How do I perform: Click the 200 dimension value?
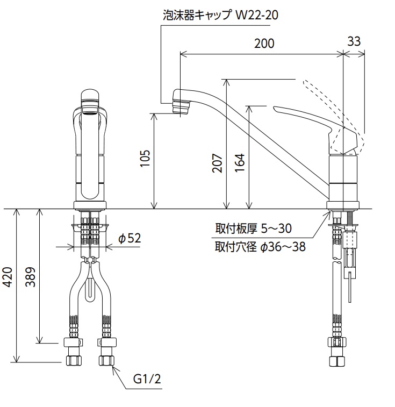[264, 44]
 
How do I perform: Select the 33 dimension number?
[354, 41]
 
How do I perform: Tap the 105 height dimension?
[146, 158]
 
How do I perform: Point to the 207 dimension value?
[217, 163]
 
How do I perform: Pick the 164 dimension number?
[240, 163]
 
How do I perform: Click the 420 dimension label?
[8, 277]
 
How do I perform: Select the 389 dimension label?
[31, 277]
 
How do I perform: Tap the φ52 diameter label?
[130, 238]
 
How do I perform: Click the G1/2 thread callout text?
[147, 379]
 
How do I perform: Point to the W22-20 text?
[257, 15]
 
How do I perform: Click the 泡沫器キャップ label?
[197, 15]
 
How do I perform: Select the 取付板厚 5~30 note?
[253, 229]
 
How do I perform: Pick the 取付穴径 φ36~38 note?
[260, 247]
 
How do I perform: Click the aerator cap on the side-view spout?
[181, 106]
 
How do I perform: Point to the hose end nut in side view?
[337, 361]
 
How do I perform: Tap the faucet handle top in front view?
[90, 96]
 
